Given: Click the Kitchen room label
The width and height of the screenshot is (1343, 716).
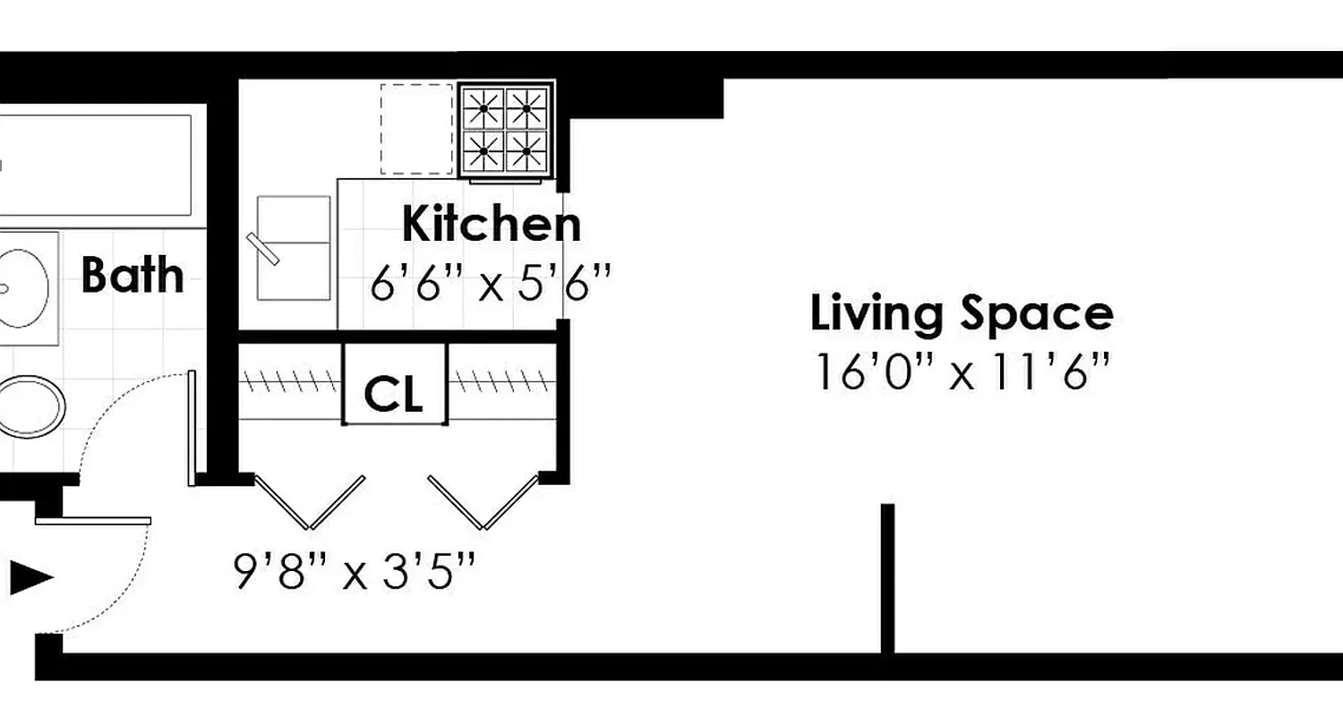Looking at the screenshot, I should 491,224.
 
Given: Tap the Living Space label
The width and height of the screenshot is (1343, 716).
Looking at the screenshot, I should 962,314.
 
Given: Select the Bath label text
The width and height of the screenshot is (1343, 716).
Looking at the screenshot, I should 133,275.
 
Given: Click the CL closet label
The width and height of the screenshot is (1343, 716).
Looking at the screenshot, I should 394,394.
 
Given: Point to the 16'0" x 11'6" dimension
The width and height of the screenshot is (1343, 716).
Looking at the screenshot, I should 962,372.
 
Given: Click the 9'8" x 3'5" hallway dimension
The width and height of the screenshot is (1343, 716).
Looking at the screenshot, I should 354,571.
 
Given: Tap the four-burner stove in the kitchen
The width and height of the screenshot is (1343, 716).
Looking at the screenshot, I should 505,130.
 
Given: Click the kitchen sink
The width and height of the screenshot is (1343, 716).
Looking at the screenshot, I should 293,248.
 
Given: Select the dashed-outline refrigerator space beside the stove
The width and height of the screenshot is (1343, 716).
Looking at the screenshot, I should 416,129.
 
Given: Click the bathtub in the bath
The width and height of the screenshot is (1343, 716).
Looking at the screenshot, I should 94,165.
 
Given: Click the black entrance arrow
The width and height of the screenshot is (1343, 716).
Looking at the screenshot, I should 31,577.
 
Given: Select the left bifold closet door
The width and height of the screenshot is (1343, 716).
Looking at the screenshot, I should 309,502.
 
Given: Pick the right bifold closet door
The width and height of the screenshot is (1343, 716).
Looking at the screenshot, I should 483,502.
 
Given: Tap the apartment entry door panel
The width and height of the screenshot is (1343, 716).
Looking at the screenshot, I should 93,520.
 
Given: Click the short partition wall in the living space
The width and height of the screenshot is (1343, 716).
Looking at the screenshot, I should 887,577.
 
